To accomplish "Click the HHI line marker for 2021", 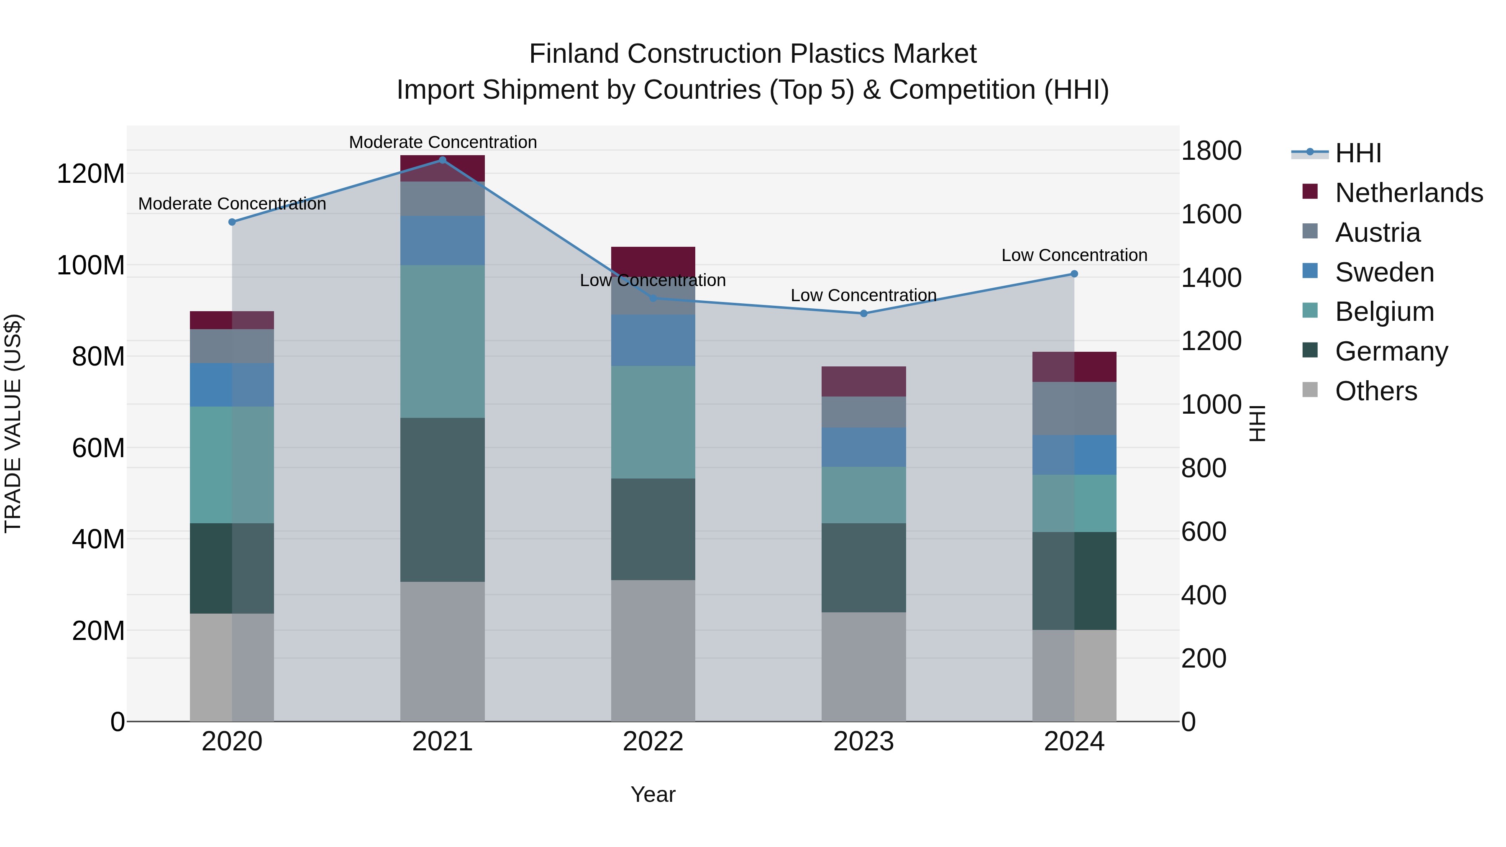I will tap(442, 160).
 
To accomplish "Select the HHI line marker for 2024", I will tap(1074, 274).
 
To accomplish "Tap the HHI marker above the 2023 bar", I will tap(863, 313).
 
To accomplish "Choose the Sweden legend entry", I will tap(1384, 272).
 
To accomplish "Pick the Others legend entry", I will tap(1375, 391).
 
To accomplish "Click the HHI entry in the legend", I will tap(1357, 153).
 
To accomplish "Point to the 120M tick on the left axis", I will tap(91, 174).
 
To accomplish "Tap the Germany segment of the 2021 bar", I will tap(442, 500).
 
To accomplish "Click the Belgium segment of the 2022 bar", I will tap(653, 422).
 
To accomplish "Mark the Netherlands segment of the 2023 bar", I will tap(863, 382).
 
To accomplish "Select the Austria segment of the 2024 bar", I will tap(1074, 409).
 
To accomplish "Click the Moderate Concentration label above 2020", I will tap(232, 204).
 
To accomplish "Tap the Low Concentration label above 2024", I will tap(1074, 256).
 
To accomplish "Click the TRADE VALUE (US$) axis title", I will tap(13, 423).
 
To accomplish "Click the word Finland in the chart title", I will tap(574, 54).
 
